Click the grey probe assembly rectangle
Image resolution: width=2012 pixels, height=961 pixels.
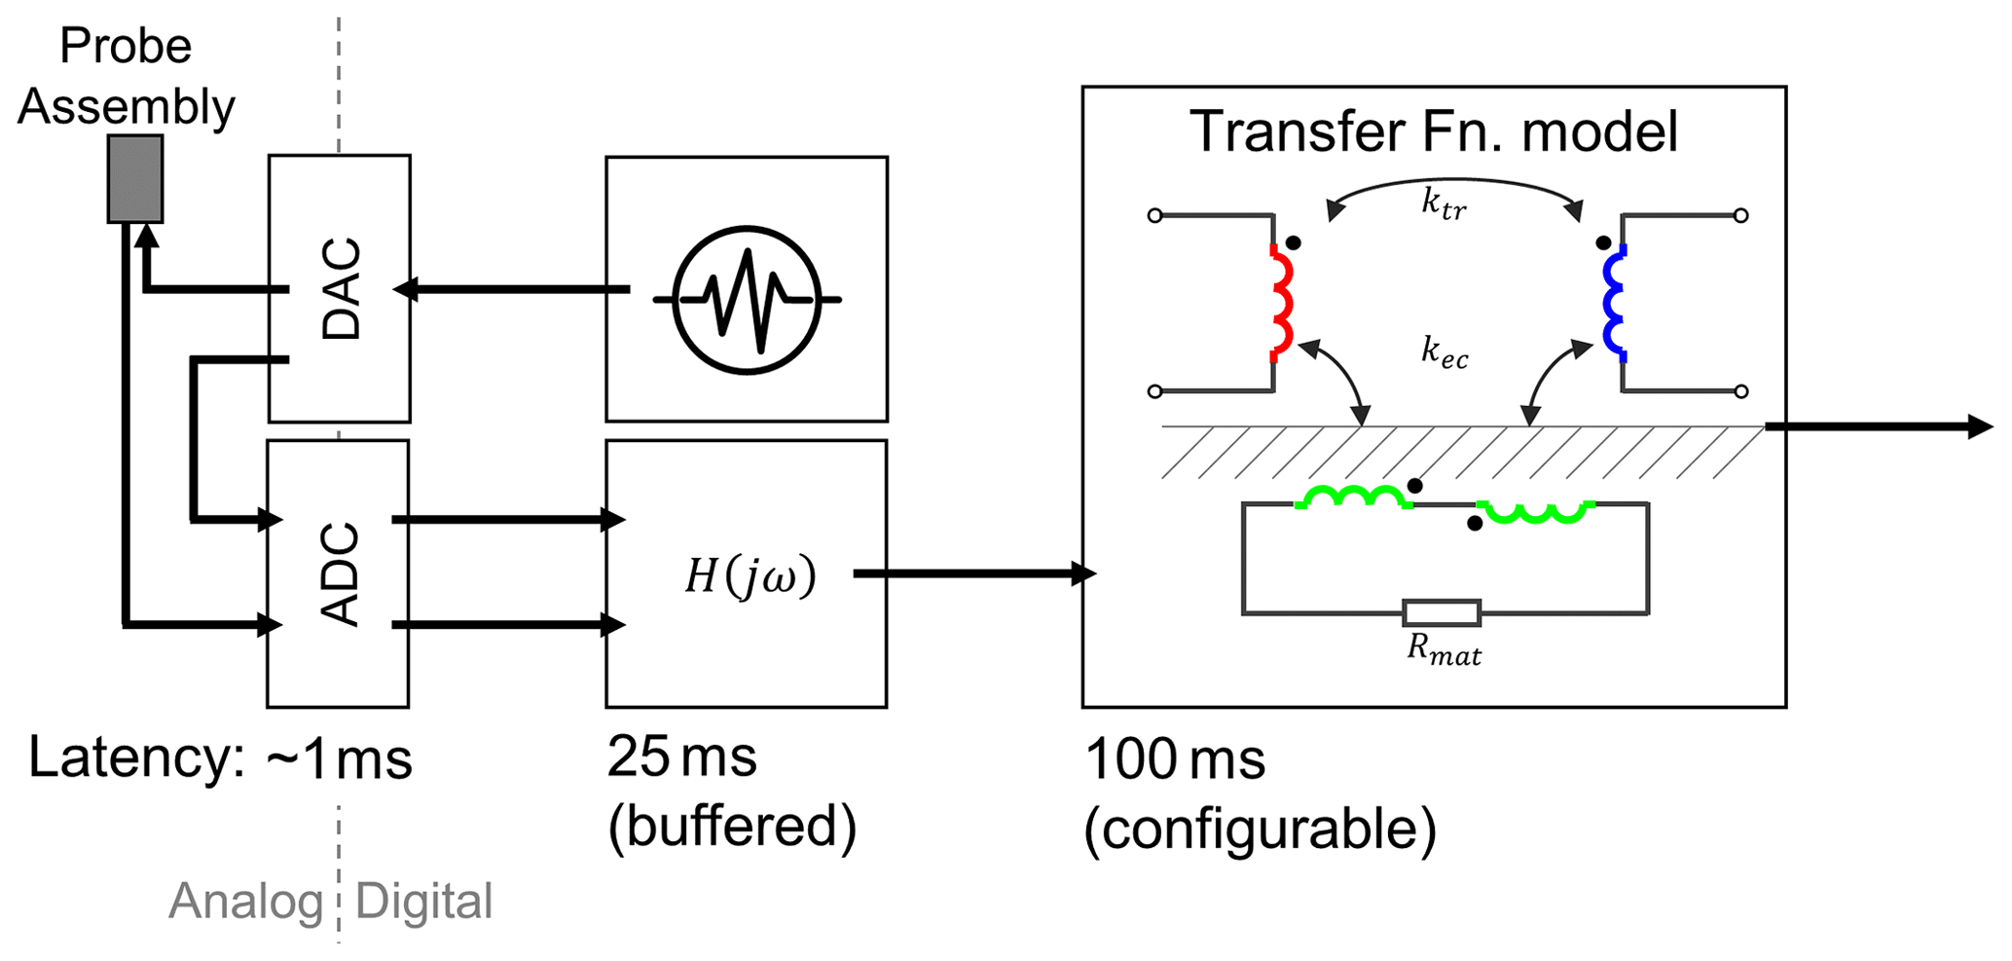pos(135,179)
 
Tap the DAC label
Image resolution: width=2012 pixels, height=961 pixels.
pos(342,288)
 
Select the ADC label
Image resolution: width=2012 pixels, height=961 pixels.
pos(341,574)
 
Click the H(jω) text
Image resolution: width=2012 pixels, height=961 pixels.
pos(750,576)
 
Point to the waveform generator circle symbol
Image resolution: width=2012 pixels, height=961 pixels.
pos(747,300)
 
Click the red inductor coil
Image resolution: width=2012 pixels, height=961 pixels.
pos(1283,300)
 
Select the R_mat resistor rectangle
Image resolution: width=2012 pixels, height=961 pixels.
pos(1442,612)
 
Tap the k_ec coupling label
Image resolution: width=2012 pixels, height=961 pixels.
pos(1445,351)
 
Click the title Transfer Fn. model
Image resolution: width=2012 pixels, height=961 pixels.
pos(1434,132)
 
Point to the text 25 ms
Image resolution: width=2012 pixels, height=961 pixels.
pos(681,757)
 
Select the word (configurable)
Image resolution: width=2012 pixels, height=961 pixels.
pos(1260,830)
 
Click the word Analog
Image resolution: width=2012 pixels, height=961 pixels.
pos(245,902)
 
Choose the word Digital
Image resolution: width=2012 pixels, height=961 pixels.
pos(424,902)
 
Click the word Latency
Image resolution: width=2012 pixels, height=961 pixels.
pos(136,758)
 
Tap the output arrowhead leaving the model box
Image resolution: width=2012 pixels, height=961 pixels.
pos(1980,426)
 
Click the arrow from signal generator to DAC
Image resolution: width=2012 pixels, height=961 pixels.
pos(511,289)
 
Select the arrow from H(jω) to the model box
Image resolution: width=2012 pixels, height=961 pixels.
pos(973,574)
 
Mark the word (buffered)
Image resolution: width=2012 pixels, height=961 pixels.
pos(732,828)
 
